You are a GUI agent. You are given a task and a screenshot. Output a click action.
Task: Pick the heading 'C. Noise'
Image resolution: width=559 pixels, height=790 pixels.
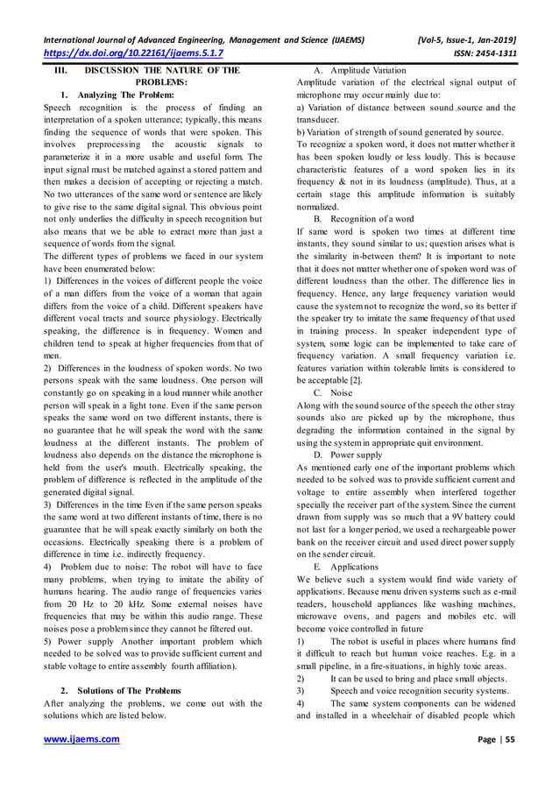tap(333, 393)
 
